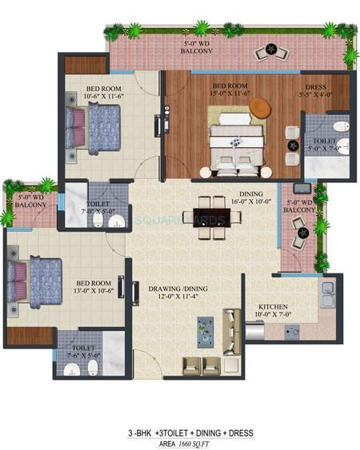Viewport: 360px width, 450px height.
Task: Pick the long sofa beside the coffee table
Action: click(232, 328)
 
